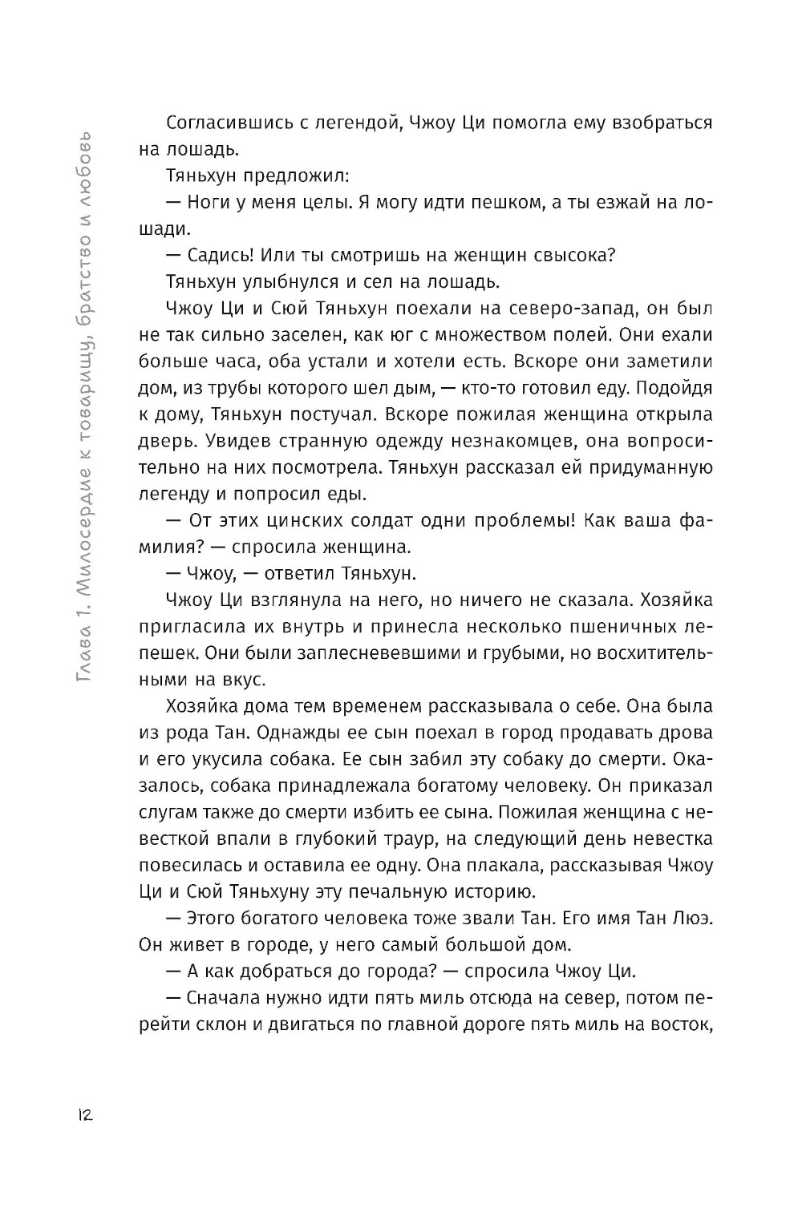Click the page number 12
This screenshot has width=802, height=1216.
click(x=83, y=1114)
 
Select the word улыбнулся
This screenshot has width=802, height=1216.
click(x=294, y=281)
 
